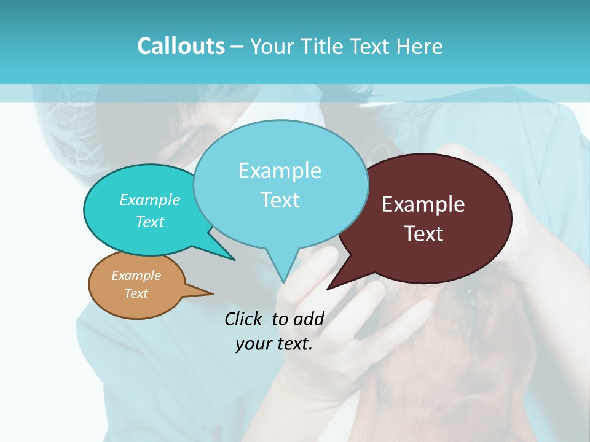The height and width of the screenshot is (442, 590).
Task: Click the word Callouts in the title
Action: coord(181,46)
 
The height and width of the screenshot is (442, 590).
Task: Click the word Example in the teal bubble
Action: coord(150,200)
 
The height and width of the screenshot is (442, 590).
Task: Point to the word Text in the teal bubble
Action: coord(150,222)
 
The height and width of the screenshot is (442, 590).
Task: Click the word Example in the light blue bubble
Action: coord(280,171)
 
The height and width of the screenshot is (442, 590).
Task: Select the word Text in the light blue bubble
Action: coord(280,200)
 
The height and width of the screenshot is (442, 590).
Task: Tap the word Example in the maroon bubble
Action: coord(423,204)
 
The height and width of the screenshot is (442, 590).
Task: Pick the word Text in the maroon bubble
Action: coord(423,234)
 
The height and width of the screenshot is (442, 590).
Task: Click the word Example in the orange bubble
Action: coord(136,276)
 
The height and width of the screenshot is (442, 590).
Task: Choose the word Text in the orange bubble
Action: coord(136,293)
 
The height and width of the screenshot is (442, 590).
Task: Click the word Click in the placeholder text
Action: coord(245,319)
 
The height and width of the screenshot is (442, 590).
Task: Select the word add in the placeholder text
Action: coord(309,319)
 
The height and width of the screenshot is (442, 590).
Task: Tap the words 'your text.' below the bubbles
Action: coord(274,344)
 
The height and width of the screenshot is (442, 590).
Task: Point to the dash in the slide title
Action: coord(237,46)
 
